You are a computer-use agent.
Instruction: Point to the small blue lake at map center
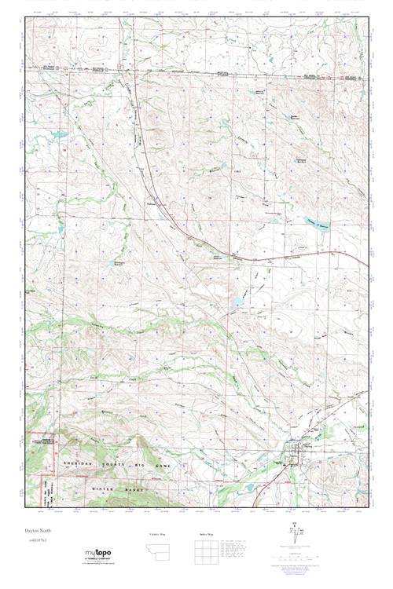click(x=238, y=302)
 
